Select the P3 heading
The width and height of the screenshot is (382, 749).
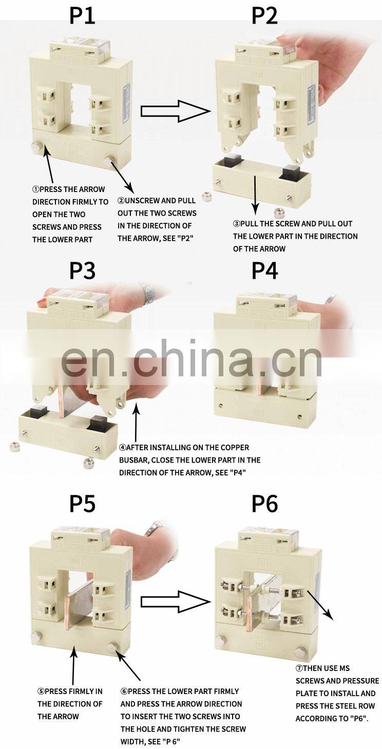click(x=82, y=271)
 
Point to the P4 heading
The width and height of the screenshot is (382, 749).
click(x=264, y=271)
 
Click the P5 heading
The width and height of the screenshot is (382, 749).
click(x=82, y=504)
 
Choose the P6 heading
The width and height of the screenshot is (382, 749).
click(x=264, y=504)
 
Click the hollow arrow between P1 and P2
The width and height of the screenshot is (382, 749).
click(x=176, y=111)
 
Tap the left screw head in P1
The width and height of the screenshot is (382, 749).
click(x=36, y=146)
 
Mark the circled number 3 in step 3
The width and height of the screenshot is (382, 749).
click(x=237, y=224)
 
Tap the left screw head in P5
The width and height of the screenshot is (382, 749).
click(x=36, y=636)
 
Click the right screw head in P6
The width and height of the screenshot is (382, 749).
click(x=300, y=651)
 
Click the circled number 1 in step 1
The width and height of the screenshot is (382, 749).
click(x=36, y=189)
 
